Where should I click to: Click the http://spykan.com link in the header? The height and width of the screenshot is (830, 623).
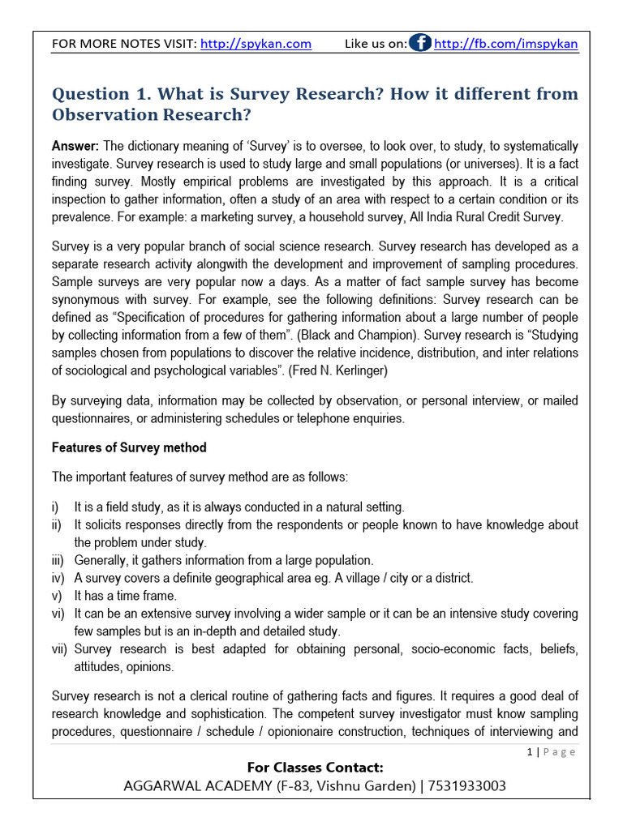256,44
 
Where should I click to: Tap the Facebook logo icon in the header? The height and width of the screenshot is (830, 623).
419,44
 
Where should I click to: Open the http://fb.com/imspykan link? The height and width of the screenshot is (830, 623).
506,44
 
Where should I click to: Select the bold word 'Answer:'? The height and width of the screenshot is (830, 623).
75,146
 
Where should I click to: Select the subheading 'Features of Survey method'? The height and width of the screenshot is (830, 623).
129,447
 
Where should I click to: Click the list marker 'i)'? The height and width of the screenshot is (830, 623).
55,507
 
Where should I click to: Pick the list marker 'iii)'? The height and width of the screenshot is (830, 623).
58,560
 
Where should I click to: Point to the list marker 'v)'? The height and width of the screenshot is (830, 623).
57,596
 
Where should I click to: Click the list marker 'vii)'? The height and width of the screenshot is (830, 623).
60,649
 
